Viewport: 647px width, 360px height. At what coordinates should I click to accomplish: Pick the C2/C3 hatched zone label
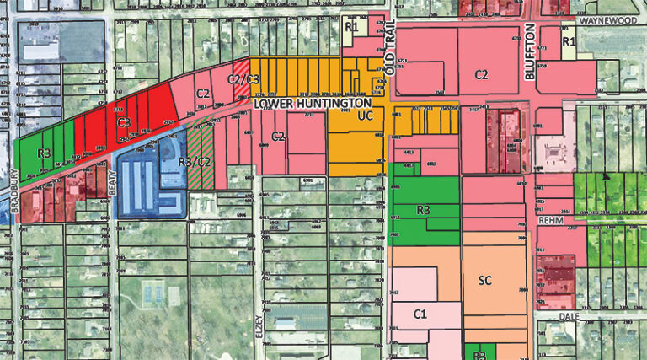click(244, 78)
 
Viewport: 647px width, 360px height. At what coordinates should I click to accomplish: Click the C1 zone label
click(422, 314)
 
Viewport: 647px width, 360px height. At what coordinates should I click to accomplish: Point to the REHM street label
click(551, 221)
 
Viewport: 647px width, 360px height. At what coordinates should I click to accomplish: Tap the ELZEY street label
click(259, 325)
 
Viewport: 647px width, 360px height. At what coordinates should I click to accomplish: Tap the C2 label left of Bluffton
click(481, 74)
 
